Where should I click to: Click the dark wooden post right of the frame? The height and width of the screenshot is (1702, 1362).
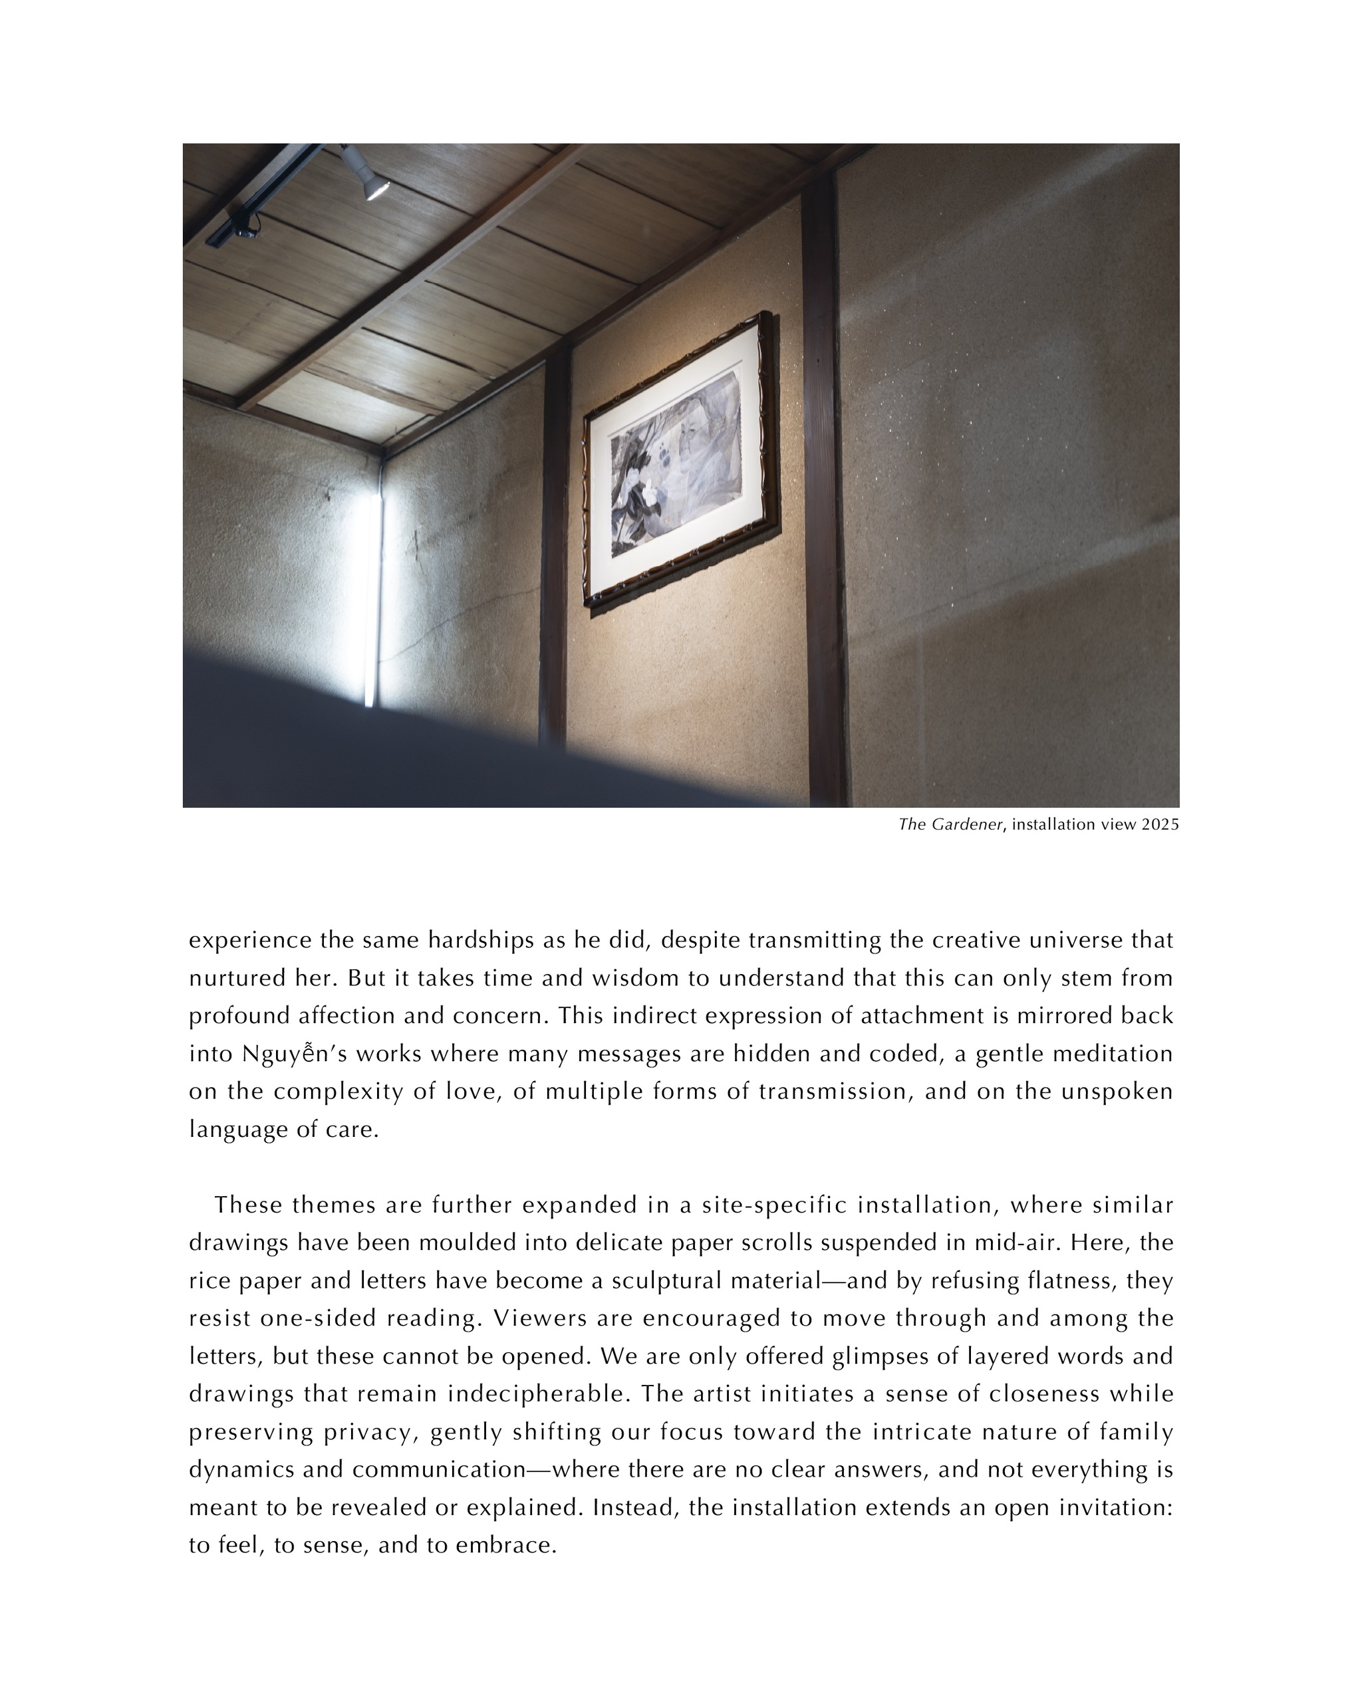pos(823,489)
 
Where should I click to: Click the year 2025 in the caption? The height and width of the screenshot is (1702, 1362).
pos(1160,825)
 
